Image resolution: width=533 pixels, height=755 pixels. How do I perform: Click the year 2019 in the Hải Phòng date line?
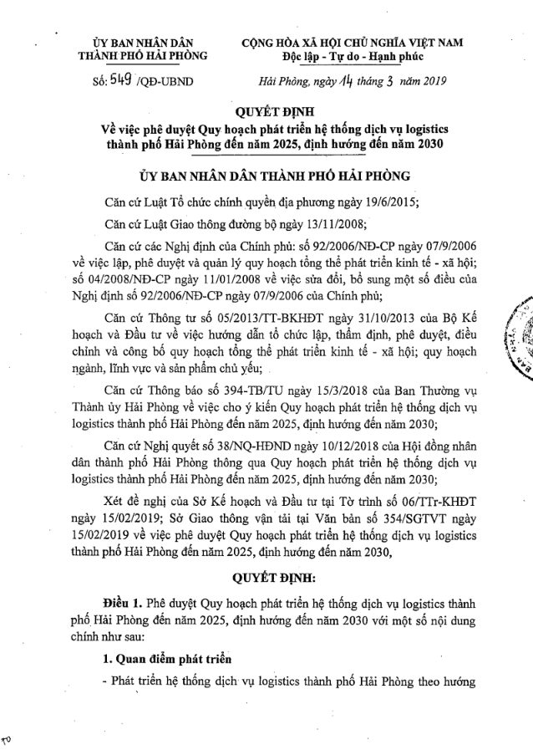click(430, 81)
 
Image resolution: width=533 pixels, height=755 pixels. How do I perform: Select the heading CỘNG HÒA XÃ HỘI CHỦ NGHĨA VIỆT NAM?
click(352, 41)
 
